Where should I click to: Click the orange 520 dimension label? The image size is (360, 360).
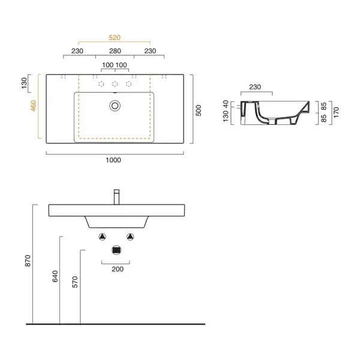[115, 38]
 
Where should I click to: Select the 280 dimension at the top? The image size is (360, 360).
[115, 51]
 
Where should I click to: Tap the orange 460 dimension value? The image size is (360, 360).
[34, 106]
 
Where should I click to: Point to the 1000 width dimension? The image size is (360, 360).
[113, 160]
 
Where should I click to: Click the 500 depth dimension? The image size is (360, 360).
[199, 110]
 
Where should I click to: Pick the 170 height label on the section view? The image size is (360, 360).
[336, 112]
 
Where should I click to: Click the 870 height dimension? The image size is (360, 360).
[28, 261]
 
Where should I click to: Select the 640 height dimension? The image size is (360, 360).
[55, 276]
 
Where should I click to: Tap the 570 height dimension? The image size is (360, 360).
[75, 282]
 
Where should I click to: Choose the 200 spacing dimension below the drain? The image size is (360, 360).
[118, 269]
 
